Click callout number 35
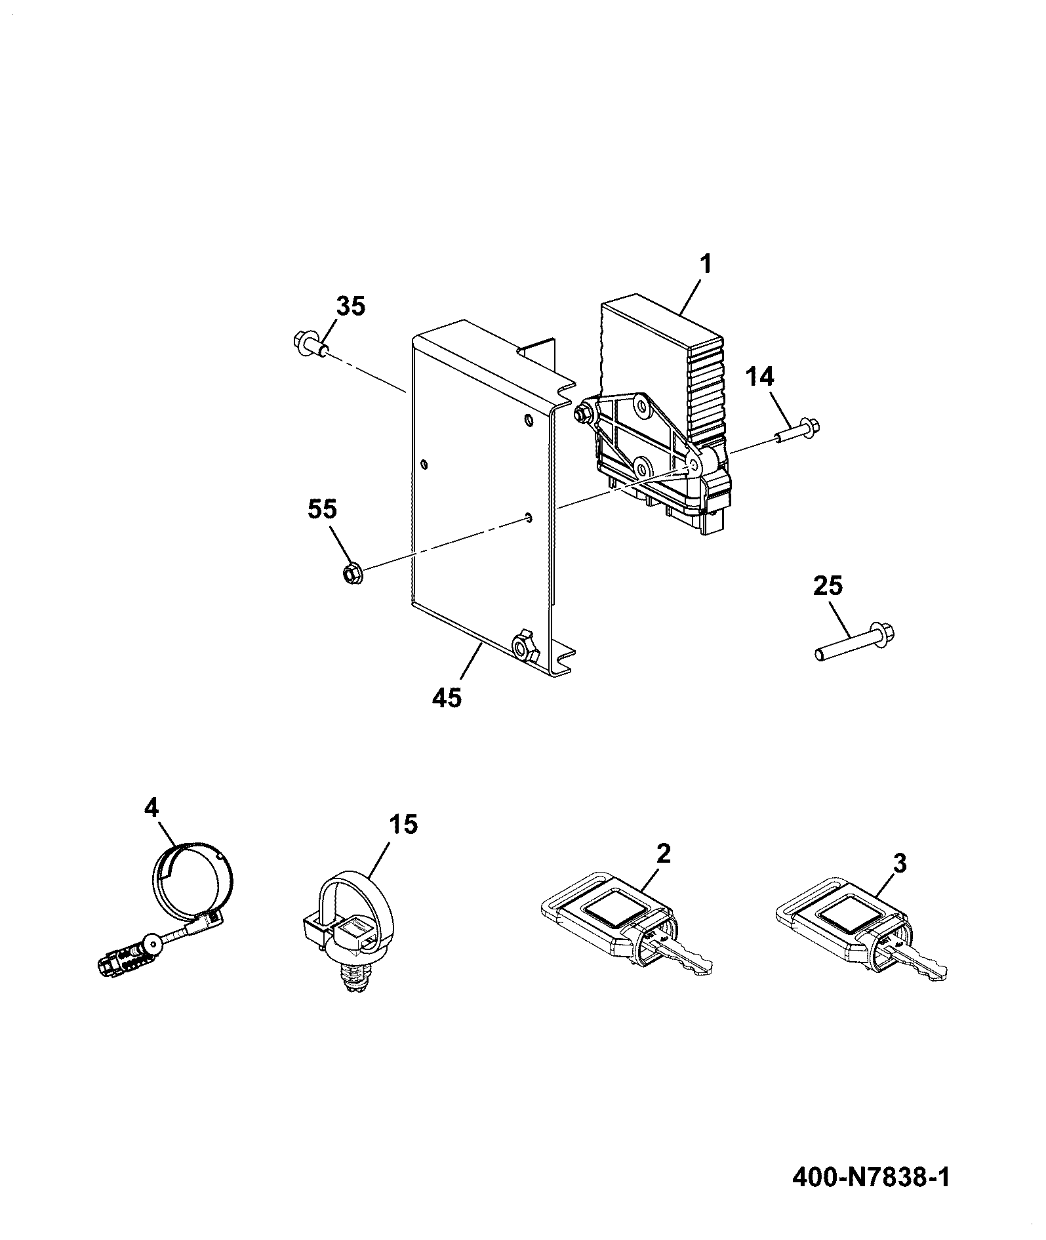[351, 306]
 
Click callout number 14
[759, 377]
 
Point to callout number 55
[322, 509]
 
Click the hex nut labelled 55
[353, 573]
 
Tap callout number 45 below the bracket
[447, 697]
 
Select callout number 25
[828, 585]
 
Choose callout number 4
[151, 808]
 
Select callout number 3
[900, 863]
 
